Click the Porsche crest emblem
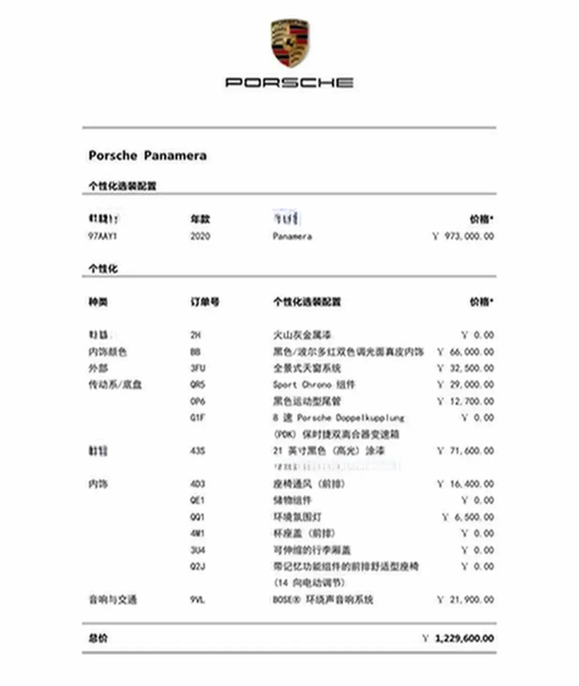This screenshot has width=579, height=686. [x=290, y=43]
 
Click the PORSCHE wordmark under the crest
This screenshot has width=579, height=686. [x=289, y=83]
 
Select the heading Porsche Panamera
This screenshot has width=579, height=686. [x=147, y=156]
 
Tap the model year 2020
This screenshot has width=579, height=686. [x=200, y=236]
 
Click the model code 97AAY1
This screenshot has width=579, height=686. [x=102, y=236]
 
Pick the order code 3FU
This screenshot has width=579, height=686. [x=197, y=368]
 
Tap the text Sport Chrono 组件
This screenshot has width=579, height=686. [x=314, y=385]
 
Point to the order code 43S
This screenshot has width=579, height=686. [x=197, y=451]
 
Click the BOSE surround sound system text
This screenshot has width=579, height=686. [x=323, y=600]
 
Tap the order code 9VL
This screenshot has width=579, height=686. [x=197, y=600]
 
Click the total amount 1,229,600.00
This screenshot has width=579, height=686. [x=464, y=638]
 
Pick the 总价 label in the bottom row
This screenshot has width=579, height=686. [x=98, y=638]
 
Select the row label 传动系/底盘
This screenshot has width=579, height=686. [x=115, y=385]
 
